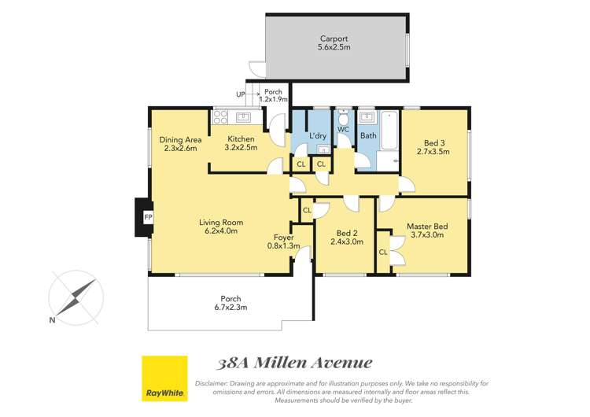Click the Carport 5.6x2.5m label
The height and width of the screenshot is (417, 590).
(334, 42)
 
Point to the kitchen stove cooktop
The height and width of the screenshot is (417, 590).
(221, 118)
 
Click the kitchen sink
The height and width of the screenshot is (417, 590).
(244, 118)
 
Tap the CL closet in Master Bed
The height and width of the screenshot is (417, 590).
(383, 253)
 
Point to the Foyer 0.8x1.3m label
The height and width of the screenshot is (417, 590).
(283, 242)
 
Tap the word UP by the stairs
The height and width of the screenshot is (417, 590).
(240, 95)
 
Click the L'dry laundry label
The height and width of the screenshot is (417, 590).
(318, 135)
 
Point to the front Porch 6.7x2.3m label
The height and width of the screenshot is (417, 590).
(230, 303)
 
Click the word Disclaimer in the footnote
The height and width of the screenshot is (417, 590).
(213, 383)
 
